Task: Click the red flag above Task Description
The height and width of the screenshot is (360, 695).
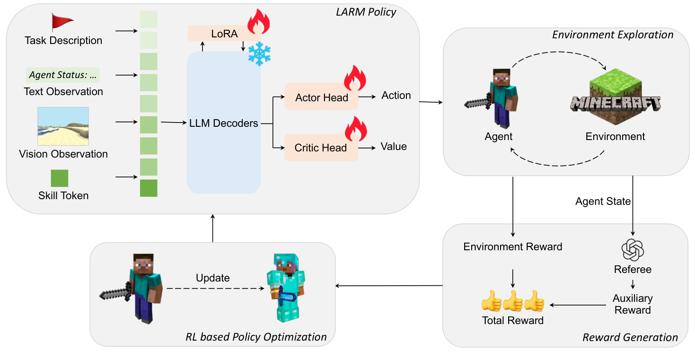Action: (x=62, y=23)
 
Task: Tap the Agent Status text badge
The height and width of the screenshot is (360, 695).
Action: (x=63, y=75)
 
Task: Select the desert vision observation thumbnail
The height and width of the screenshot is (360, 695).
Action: (x=63, y=126)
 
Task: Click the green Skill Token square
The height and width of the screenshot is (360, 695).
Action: (x=60, y=178)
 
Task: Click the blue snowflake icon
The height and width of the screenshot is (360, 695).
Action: (x=259, y=55)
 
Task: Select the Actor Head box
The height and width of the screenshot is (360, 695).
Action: (x=321, y=97)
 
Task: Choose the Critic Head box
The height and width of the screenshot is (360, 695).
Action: (x=321, y=148)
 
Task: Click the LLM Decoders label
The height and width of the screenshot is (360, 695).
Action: (x=224, y=123)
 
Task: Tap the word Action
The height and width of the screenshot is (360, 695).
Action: (x=396, y=96)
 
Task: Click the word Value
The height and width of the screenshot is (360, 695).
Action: (x=394, y=147)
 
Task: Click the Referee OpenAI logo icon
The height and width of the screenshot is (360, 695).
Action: (x=633, y=250)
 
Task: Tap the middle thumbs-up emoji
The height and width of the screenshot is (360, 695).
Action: (x=513, y=301)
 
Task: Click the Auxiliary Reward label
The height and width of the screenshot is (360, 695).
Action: (x=633, y=304)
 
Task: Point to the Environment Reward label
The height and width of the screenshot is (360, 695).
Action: (x=513, y=246)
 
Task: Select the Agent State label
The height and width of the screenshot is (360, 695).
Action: (x=603, y=202)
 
